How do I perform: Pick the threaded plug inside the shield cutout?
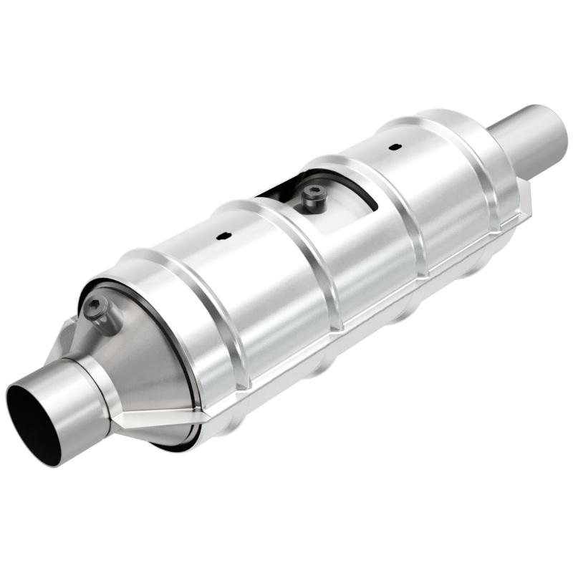(312, 194)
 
